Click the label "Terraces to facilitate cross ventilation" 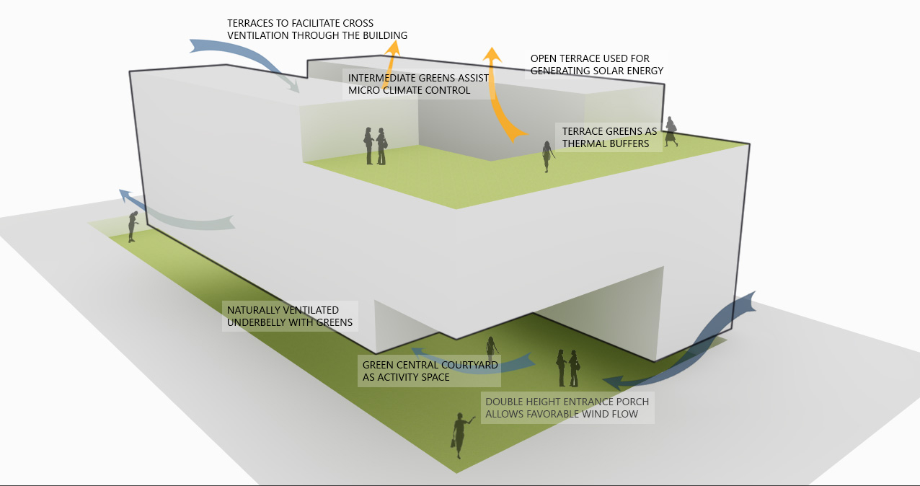click(317, 30)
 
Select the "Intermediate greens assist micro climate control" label click(418, 84)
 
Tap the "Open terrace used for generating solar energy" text click(596, 64)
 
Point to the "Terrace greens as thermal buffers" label click(609, 137)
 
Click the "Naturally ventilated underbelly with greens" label click(290, 317)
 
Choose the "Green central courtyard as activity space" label click(430, 371)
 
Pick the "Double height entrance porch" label click(567, 407)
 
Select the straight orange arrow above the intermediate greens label click(392, 58)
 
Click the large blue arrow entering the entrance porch click(692, 346)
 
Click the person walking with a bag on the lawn click(459, 435)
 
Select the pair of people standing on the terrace click(375, 146)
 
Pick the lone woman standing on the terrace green click(547, 156)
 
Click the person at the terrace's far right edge click(671, 131)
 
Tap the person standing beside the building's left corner click(133, 226)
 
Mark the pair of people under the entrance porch click(567, 368)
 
